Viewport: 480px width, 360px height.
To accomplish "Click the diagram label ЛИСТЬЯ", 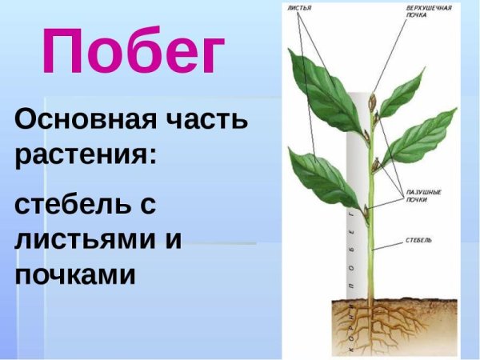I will [x=299, y=8].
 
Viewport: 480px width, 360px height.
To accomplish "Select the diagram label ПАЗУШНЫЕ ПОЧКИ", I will [x=415, y=195].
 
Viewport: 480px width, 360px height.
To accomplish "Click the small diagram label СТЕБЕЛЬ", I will [x=419, y=239].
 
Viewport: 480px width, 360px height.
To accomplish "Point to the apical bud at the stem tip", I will [x=371, y=102].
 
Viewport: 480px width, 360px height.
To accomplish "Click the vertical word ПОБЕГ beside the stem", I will [x=353, y=248].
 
